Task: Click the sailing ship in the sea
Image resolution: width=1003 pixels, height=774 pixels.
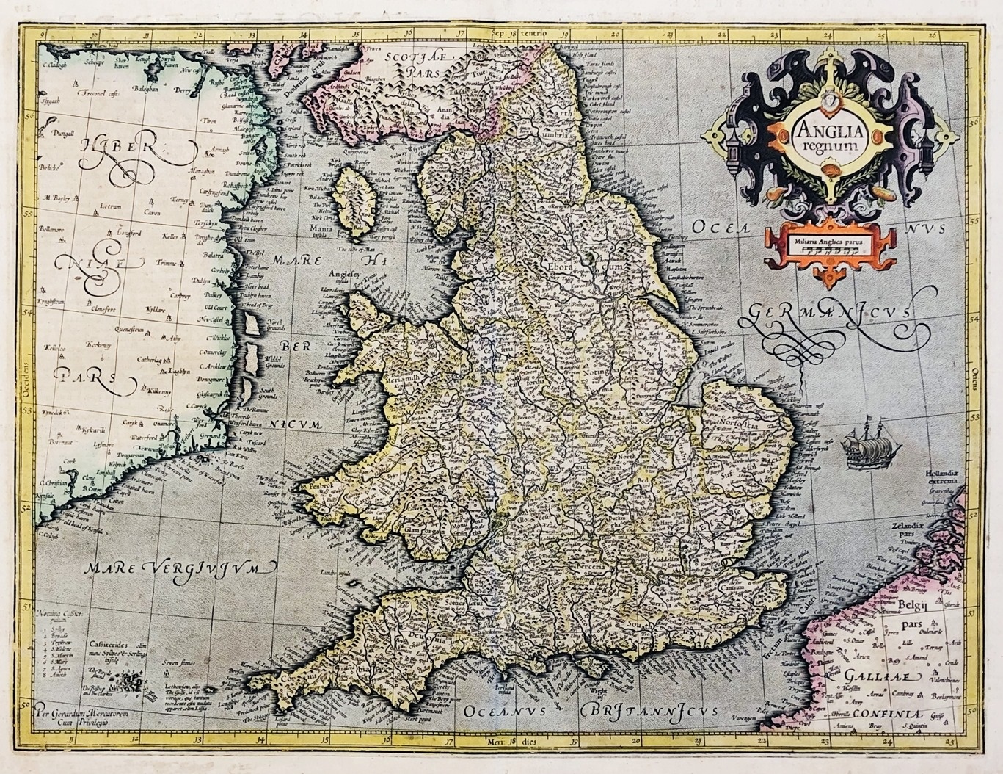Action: coord(861,448)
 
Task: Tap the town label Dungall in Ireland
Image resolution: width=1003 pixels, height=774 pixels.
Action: coord(58,134)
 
